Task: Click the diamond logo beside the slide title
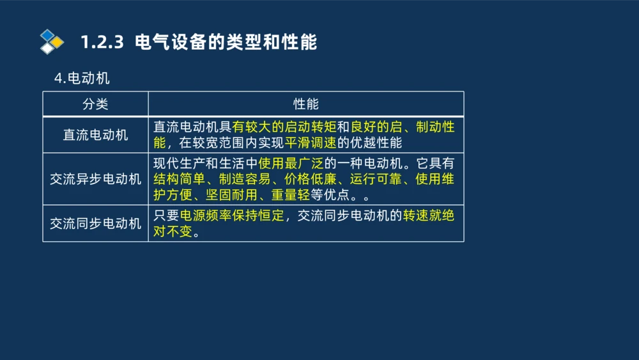(52, 42)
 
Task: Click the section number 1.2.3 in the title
(102, 42)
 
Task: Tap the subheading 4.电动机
(82, 78)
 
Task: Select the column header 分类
(95, 104)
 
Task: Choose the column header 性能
(305, 104)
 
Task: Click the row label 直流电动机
(95, 135)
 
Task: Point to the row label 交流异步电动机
(95, 179)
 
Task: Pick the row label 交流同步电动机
(95, 223)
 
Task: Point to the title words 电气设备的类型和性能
(226, 42)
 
